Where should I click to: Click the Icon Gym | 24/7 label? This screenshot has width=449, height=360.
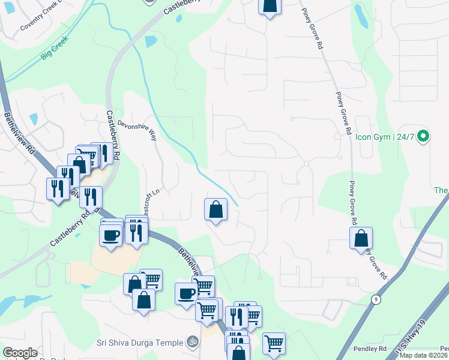(384, 137)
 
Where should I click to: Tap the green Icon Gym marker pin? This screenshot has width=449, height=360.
(423, 137)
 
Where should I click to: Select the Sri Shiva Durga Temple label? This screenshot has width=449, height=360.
(140, 343)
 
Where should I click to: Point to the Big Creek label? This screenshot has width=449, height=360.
(55, 48)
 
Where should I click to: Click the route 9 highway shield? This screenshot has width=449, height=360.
(376, 298)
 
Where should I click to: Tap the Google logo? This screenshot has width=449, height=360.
(20, 353)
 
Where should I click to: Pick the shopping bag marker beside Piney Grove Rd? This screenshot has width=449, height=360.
(361, 238)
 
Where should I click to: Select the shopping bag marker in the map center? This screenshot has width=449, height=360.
(216, 209)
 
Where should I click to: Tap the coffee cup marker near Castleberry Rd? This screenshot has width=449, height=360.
(110, 235)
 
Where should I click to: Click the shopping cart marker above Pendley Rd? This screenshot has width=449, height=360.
(274, 343)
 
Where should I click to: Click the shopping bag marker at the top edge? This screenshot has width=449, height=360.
(270, 5)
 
